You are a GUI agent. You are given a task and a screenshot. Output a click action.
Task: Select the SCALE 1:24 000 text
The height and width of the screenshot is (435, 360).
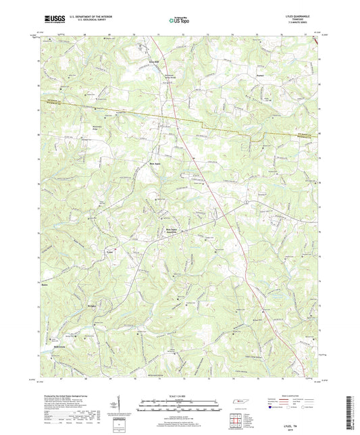pos(179,395)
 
